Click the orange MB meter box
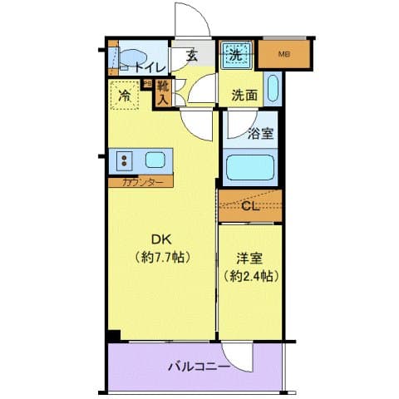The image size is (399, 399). tap(285, 56)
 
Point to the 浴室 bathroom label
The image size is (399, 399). tap(262, 131)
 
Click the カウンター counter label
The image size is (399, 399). tap(140, 181)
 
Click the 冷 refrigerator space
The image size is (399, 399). tap(125, 96)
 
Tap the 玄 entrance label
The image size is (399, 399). tap(192, 56)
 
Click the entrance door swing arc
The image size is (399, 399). tap(187, 20)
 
